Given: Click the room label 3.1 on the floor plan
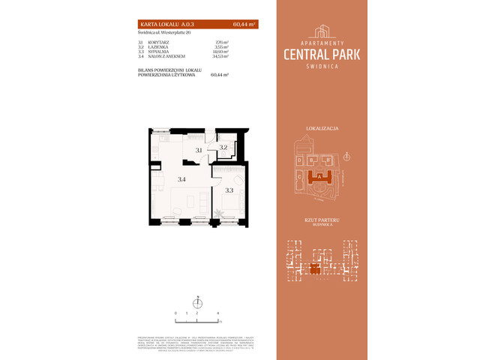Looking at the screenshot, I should click(199, 151).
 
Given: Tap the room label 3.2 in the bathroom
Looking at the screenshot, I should click(223, 147).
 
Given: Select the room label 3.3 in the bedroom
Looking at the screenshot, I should click(229, 190).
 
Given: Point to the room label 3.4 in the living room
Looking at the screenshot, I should click(181, 179).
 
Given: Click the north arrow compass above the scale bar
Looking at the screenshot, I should click(199, 301).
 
